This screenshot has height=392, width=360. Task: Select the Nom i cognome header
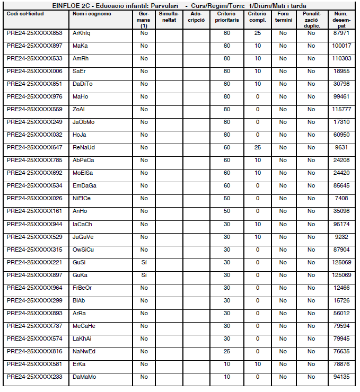click(92, 13)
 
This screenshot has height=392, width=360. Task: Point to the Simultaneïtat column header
click(169, 16)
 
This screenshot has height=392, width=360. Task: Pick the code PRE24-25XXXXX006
click(34, 71)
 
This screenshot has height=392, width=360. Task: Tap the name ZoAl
click(80, 109)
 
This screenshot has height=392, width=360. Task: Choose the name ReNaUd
click(84, 147)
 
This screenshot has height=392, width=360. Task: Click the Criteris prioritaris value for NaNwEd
click(227, 351)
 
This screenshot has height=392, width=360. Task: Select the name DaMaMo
click(84, 377)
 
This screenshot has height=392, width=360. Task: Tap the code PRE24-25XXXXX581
click(34, 364)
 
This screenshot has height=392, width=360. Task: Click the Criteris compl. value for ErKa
click(258, 364)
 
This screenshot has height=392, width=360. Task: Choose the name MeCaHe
click(84, 326)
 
